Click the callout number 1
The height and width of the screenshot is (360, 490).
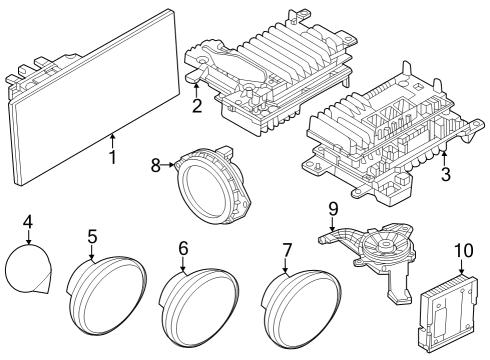pyautogui.click(x=112, y=157)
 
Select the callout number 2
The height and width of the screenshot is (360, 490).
pyautogui.click(x=197, y=105)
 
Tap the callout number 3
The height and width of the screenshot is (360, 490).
pyautogui.click(x=446, y=174)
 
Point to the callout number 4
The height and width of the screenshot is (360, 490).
pyautogui.click(x=28, y=221)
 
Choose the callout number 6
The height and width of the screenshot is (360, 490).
pyautogui.click(x=183, y=247)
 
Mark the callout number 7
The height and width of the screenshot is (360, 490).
pyautogui.click(x=287, y=247)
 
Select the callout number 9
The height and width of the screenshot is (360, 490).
pyautogui.click(x=333, y=209)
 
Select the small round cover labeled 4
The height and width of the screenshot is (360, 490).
pyautogui.click(x=28, y=268)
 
